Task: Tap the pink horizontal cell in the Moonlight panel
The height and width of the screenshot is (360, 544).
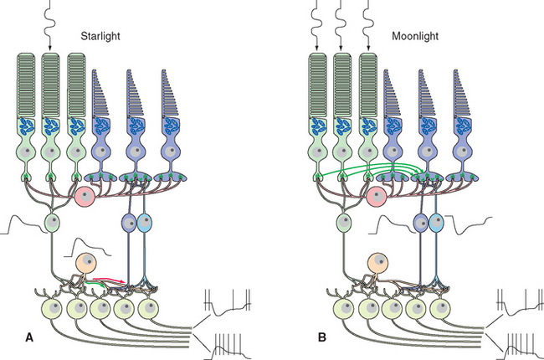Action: coord(377,198)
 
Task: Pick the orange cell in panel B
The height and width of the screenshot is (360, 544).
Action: coord(378,262)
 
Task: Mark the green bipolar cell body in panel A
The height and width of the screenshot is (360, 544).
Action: coord(53,224)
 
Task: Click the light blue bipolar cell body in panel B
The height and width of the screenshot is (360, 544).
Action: coord(436,224)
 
